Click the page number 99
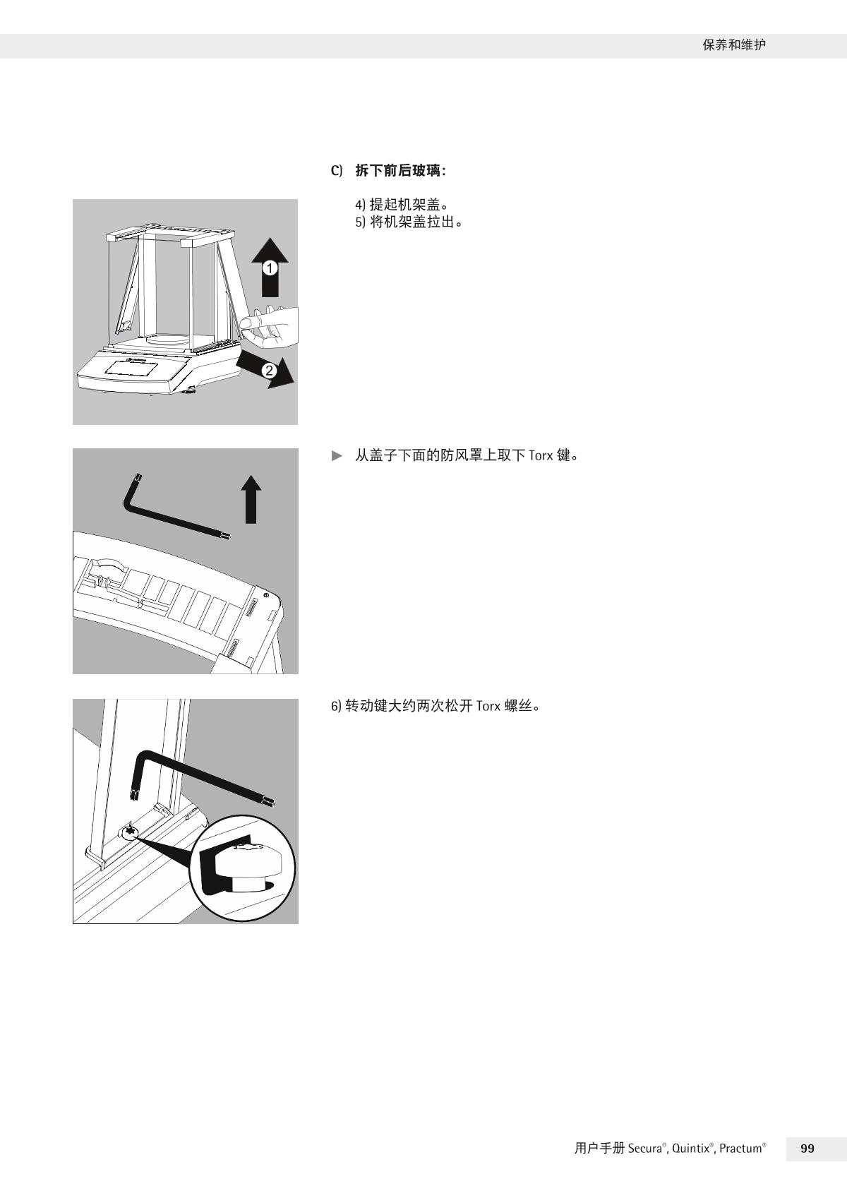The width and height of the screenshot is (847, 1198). coord(807,1149)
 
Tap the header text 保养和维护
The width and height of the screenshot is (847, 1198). coord(734,45)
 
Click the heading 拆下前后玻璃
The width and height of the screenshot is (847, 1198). coord(398,171)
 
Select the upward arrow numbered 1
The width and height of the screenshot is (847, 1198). coord(270,267)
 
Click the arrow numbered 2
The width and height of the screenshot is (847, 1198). coord(267,369)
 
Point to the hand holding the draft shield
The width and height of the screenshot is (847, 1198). coord(270,325)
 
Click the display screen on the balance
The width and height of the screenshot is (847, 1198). coord(131,369)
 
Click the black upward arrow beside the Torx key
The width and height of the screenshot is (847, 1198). coord(251,499)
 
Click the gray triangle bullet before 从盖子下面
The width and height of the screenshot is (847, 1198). coord(337,455)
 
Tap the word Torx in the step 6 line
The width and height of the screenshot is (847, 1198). coord(488,706)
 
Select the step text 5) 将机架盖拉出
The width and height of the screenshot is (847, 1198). coord(409,222)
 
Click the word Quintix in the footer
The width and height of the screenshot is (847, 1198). coord(690,1149)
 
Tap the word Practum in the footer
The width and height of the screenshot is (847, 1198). coord(740,1149)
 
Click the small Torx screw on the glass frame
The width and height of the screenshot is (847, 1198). coord(130,832)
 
